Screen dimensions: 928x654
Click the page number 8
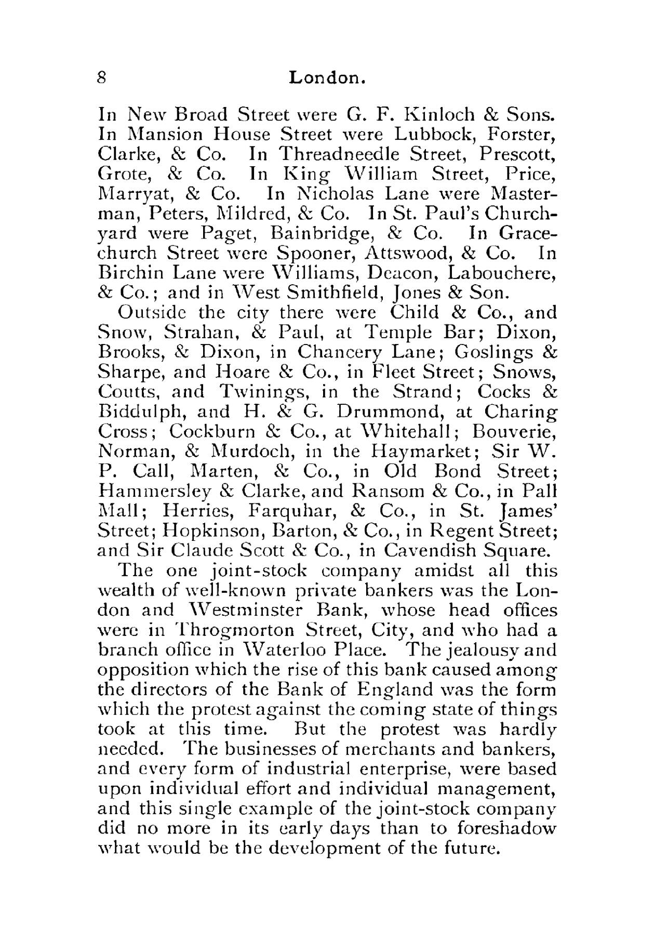102,78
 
